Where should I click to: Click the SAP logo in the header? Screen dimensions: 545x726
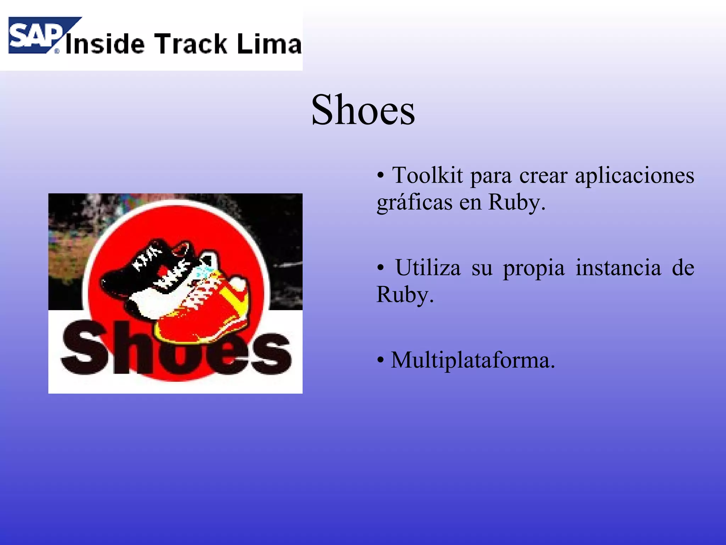point(39,35)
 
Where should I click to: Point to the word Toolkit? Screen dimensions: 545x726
point(428,175)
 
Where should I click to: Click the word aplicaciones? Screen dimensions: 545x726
point(634,176)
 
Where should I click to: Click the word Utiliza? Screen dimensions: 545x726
point(428,268)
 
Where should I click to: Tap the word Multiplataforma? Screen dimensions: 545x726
point(473,360)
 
